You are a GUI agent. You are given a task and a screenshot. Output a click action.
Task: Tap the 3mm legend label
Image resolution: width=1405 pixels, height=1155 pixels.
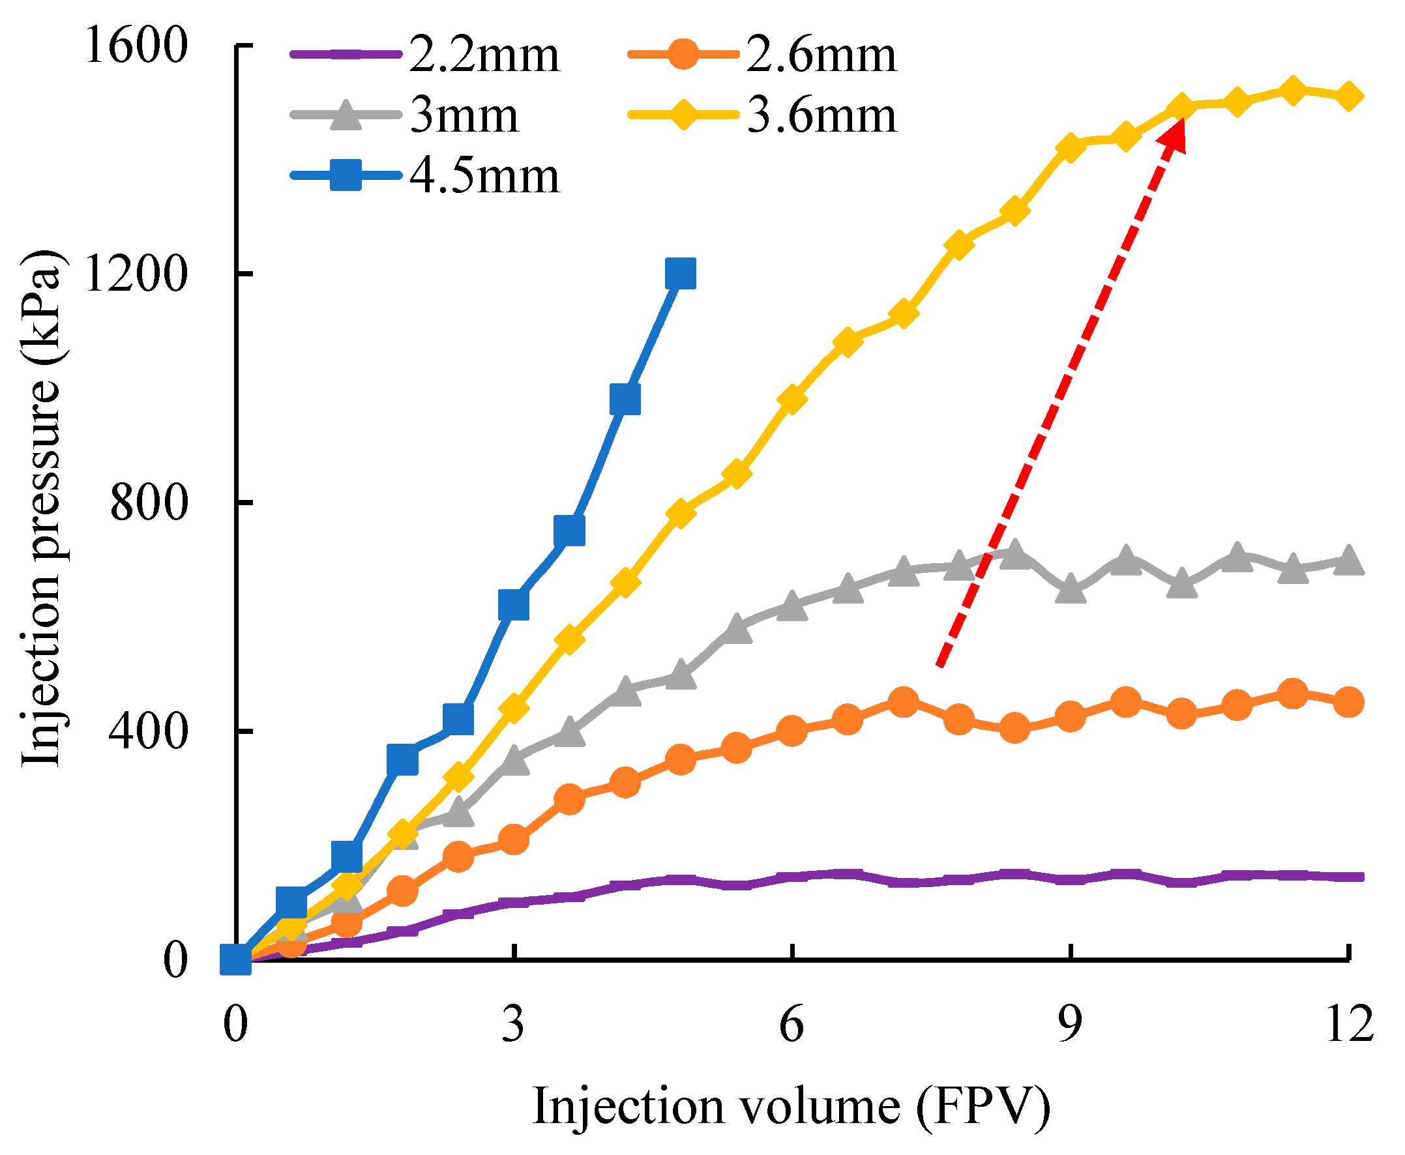coord(464,116)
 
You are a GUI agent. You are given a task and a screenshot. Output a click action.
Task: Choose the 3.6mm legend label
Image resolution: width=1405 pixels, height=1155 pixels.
coord(821,116)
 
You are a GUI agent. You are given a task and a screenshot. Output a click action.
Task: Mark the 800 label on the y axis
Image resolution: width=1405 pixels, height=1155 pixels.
coord(148,503)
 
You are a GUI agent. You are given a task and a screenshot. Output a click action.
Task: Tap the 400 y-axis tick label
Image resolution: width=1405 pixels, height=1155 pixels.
coord(148,731)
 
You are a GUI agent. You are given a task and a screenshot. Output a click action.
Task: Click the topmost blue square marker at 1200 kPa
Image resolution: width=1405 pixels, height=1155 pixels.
coord(680,274)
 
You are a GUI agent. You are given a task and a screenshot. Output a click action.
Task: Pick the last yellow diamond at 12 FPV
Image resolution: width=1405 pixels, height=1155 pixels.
coord(1348,96)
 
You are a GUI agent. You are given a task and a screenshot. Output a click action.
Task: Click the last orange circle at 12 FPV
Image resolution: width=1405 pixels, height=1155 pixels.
coord(1348,702)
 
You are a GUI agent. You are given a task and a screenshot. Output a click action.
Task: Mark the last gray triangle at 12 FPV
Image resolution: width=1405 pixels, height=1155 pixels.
coord(1348,561)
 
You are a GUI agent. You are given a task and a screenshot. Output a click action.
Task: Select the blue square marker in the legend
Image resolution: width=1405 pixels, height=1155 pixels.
coord(346,175)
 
